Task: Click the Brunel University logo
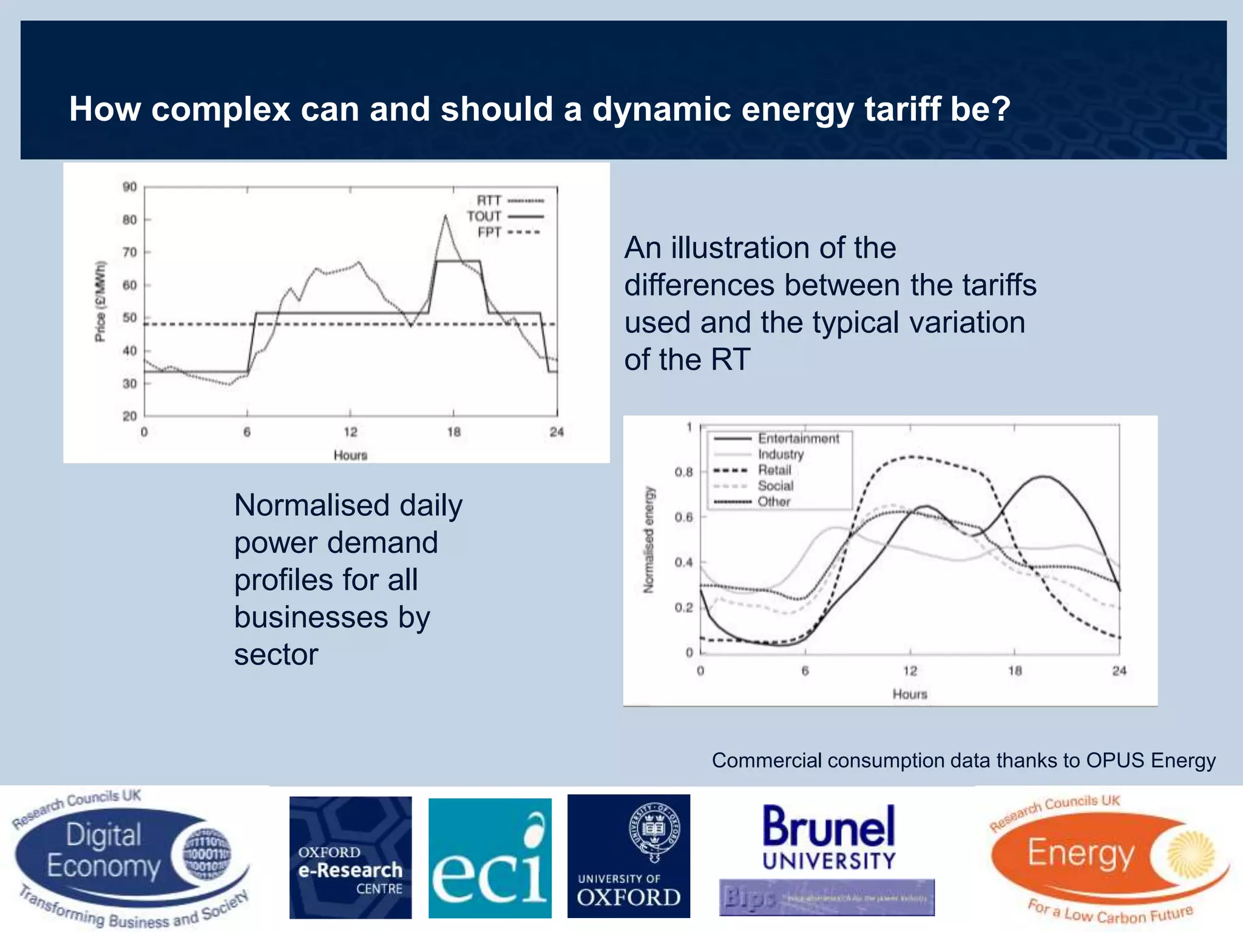click(x=828, y=837)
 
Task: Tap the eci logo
click(x=490, y=858)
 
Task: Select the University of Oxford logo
click(x=629, y=856)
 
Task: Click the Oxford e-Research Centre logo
click(x=350, y=857)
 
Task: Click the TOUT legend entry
click(x=504, y=217)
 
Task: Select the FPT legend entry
click(x=507, y=232)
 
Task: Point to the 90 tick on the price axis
click(x=130, y=187)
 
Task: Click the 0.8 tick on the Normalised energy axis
click(x=683, y=472)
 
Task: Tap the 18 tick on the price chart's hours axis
click(x=453, y=432)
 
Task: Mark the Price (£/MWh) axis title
click(x=101, y=302)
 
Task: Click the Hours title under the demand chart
click(x=910, y=694)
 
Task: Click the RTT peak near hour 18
click(x=445, y=215)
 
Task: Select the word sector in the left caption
click(x=276, y=655)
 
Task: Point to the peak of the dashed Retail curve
click(x=910, y=456)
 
